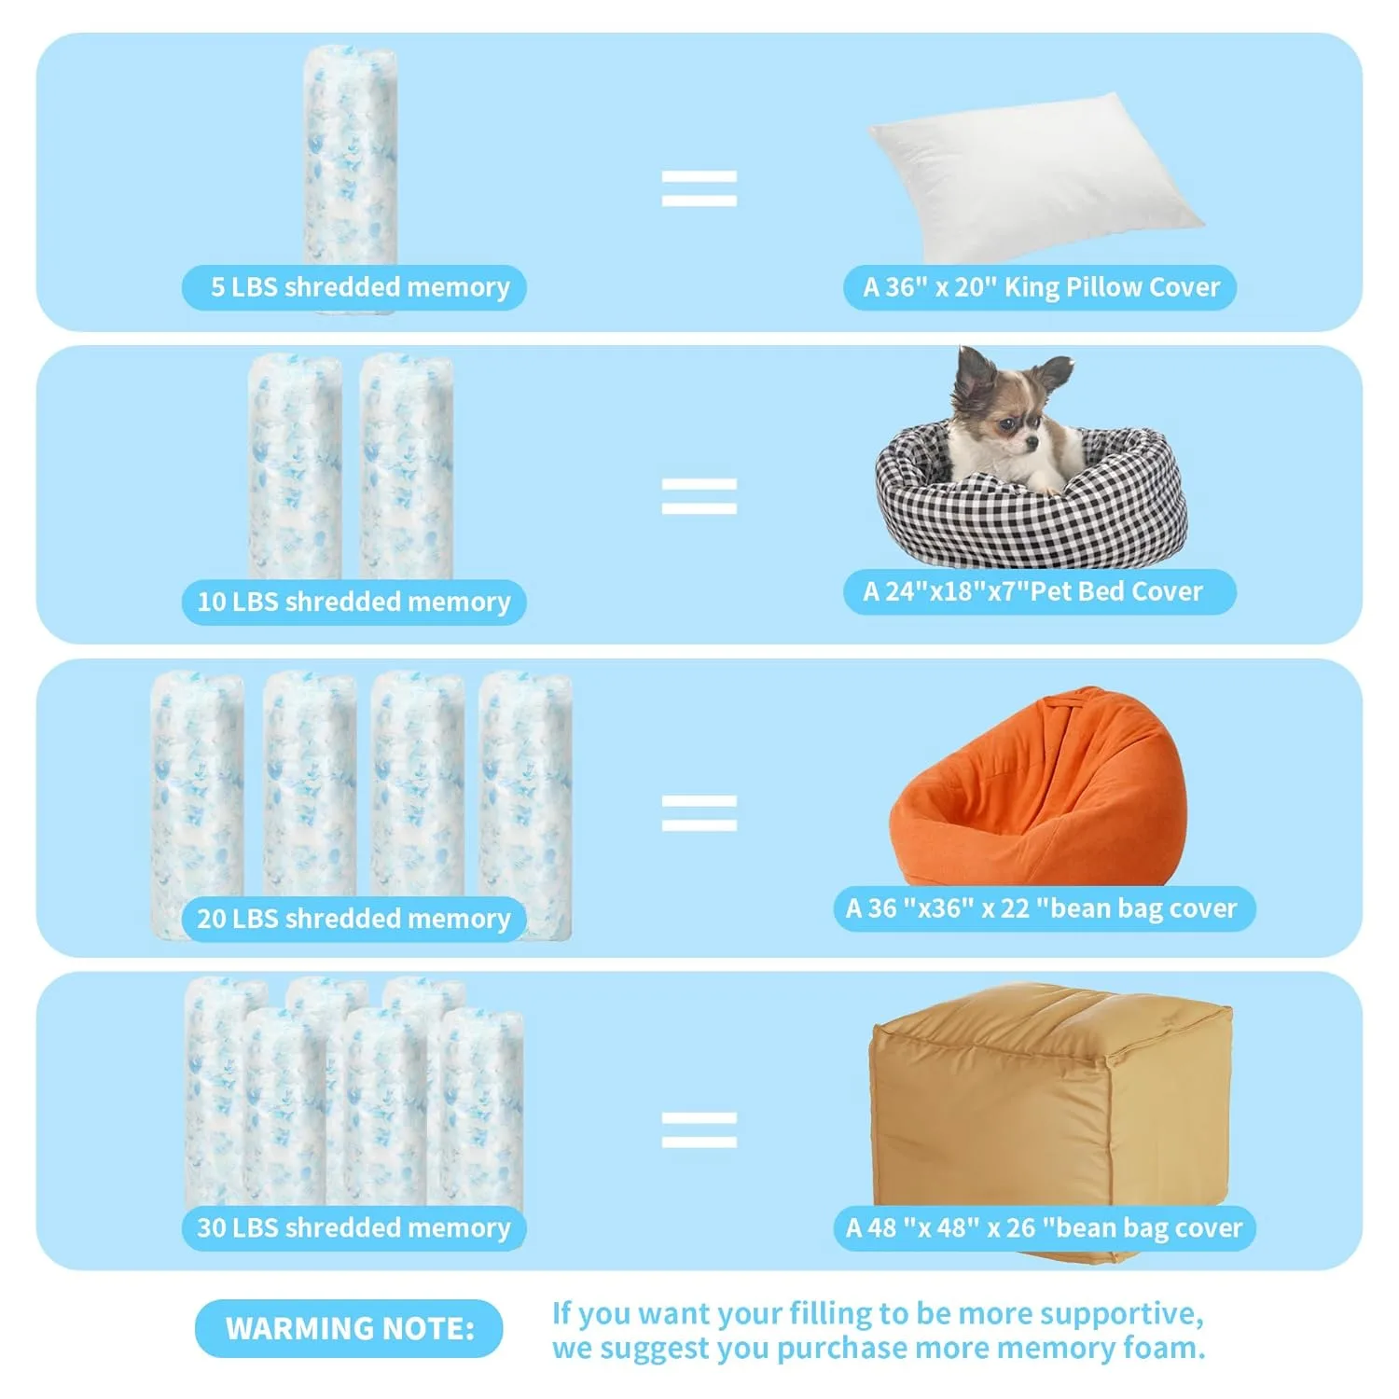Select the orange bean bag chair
coord(1040,793)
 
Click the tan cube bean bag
coord(1049,1110)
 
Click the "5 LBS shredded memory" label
coord(354,287)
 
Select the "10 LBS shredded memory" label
coord(354,602)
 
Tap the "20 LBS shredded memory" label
coord(354,919)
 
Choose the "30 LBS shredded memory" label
coord(354,1227)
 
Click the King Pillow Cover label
coord(1040,287)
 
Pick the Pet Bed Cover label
coord(1040,591)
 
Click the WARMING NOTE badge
coord(349,1328)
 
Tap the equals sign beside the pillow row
coord(699,187)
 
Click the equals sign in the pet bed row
coord(699,495)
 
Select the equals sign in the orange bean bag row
coord(699,812)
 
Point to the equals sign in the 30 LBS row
coord(699,1129)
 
